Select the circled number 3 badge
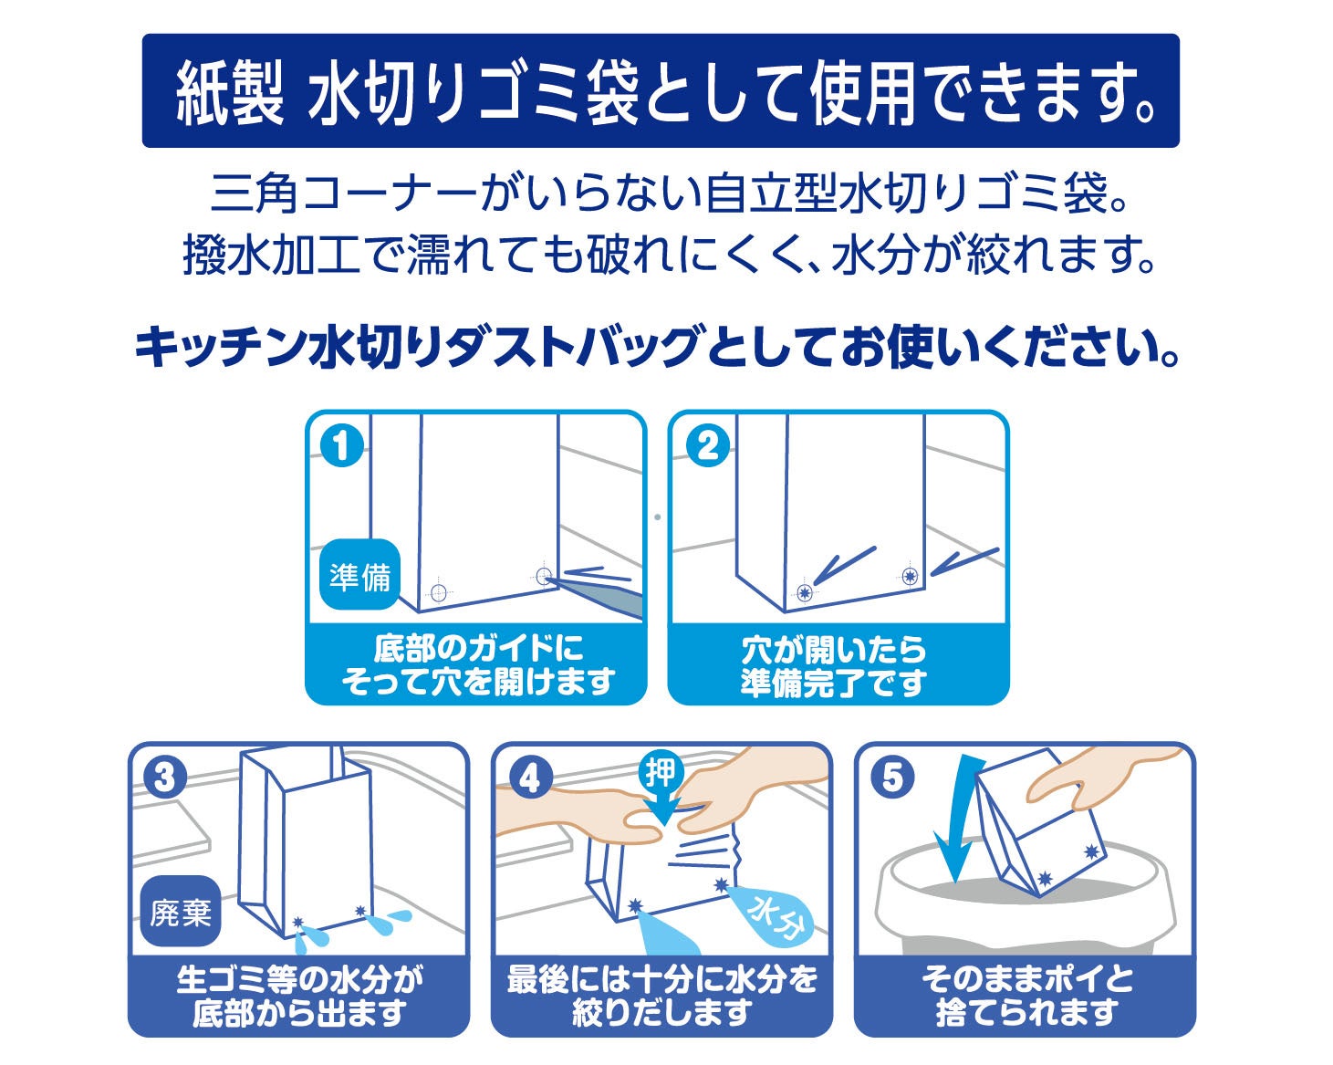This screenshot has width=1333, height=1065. tap(165, 778)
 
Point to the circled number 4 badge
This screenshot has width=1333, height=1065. tap(530, 778)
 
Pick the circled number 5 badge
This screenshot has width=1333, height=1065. tap(892, 778)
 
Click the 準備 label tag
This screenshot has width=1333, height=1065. tap(359, 576)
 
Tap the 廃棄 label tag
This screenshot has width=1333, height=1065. tap(181, 911)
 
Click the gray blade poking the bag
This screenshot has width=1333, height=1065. tap(598, 593)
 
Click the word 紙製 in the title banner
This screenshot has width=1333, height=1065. tap(230, 91)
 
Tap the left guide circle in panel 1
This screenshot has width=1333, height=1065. tap(438, 592)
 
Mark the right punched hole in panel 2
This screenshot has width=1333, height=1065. tap(910, 576)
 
